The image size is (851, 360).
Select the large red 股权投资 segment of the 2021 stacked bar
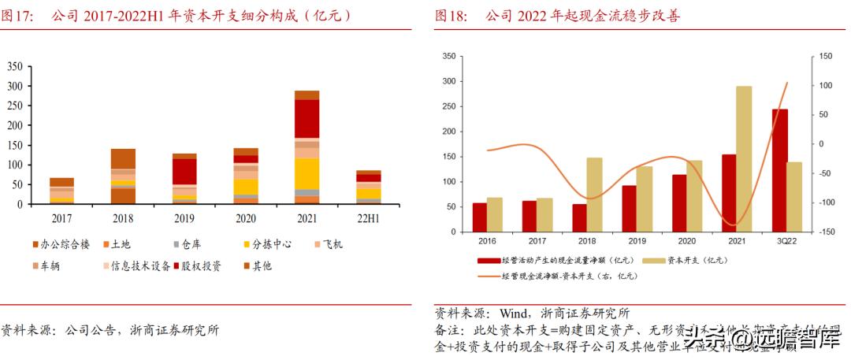(x=307, y=118)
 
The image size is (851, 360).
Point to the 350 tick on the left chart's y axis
(x=14, y=66)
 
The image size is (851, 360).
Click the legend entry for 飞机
(x=327, y=244)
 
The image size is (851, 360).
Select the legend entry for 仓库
(x=190, y=244)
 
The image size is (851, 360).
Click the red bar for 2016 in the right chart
(x=479, y=217)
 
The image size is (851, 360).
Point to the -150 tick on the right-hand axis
(x=823, y=232)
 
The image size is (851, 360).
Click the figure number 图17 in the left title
(x=17, y=15)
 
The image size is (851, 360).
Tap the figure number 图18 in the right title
(x=451, y=15)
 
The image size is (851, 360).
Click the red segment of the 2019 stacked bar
(x=184, y=171)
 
